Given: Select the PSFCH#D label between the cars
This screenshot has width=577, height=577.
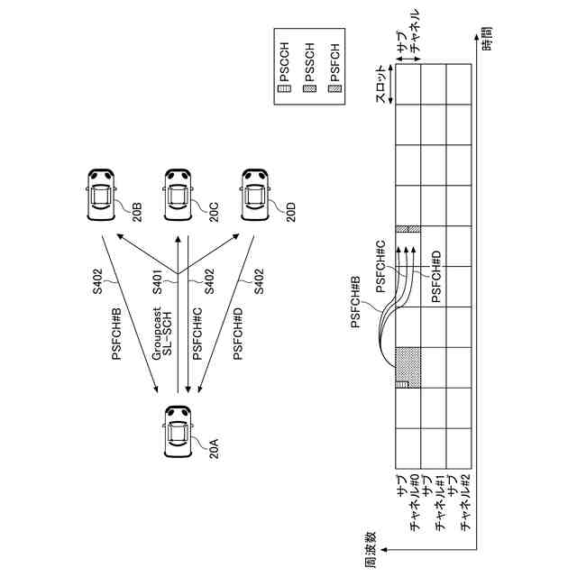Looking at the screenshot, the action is [238, 334].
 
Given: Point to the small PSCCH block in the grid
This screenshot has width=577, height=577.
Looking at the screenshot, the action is [401, 383].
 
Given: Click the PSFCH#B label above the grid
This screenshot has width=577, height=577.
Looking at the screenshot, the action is [356, 302].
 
